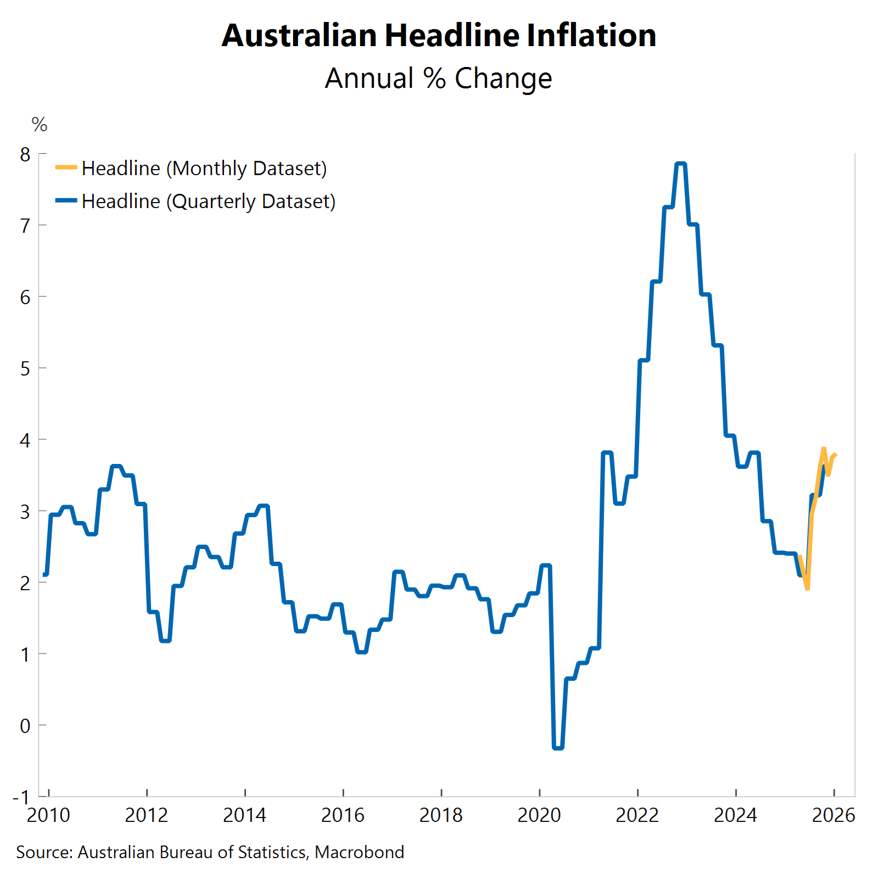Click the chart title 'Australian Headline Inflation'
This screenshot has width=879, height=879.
(439, 36)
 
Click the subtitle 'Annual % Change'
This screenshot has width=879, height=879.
(438, 79)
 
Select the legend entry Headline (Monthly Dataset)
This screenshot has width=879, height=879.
(204, 168)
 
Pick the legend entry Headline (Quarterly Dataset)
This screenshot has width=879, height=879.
(208, 201)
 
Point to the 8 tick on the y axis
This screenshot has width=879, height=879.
(25, 154)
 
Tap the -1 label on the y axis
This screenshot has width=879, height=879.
(21, 797)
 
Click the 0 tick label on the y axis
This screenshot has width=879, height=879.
(25, 726)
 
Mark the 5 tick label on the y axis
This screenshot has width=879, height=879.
(25, 368)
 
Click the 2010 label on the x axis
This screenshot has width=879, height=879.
(48, 815)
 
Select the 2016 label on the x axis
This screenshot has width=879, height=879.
(343, 815)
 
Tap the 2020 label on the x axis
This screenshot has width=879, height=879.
(539, 815)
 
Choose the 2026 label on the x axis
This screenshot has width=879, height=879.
(833, 815)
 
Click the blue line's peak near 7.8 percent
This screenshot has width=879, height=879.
(681, 164)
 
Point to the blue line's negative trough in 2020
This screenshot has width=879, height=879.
(558, 747)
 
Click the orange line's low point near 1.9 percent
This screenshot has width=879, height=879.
(807, 589)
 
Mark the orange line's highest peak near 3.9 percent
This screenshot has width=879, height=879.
(824, 449)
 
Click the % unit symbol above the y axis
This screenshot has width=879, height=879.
(40, 125)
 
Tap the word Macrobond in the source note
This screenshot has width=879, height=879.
(360, 852)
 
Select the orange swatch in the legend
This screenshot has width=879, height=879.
(66, 167)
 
